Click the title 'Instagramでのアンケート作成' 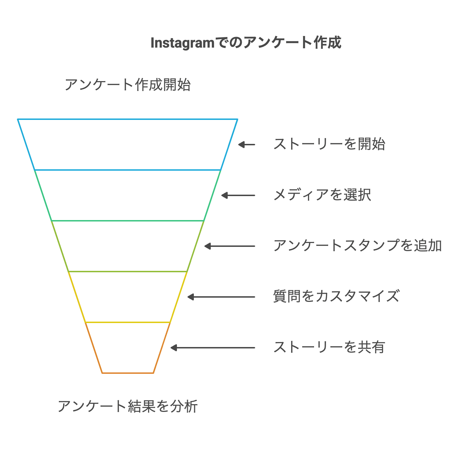[246, 43]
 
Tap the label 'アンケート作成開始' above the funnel [128, 85]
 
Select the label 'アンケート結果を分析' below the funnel [128, 406]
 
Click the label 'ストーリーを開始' [329, 144]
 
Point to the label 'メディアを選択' [322, 195]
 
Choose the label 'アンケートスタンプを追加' [357, 246]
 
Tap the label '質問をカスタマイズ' [336, 297]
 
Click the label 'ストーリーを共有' [329, 347]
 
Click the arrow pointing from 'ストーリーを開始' [246, 145]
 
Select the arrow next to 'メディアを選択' [238, 195]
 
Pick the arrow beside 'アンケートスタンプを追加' [229, 246]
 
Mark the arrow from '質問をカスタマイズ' [221, 297]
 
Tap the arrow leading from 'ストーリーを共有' [213, 348]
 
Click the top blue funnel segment [128, 145]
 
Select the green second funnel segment [128, 195]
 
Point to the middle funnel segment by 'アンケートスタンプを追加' [128, 246]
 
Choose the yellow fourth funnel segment [128, 297]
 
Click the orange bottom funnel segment [128, 348]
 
